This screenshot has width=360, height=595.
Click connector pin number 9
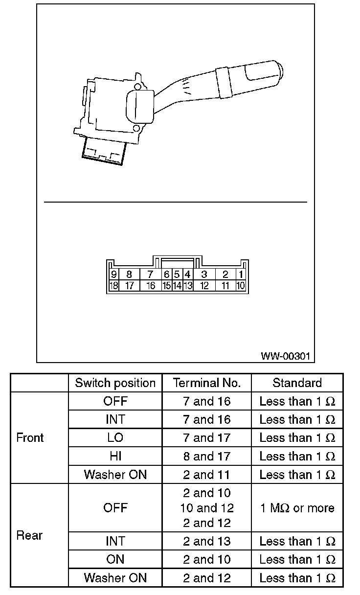click(x=113, y=275)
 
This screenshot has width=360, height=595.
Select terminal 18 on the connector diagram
click(x=113, y=286)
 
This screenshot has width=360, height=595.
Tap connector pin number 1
click(x=241, y=275)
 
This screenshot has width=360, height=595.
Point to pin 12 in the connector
click(x=204, y=286)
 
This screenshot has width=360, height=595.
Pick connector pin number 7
click(x=151, y=275)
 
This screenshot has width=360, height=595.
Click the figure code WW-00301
click(x=285, y=356)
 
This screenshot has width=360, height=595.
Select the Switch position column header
click(x=115, y=383)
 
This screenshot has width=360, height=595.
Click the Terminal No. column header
click(x=207, y=383)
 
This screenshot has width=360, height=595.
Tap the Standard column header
click(x=297, y=383)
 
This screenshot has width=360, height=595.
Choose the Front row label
click(x=30, y=437)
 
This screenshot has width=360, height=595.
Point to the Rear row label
click(x=30, y=535)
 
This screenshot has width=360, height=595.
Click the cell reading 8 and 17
click(x=207, y=456)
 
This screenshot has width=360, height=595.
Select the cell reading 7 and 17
click(x=207, y=438)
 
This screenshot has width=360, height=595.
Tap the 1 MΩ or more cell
click(x=297, y=508)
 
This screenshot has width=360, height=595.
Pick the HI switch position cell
click(x=115, y=456)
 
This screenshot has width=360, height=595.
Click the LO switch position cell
click(x=115, y=438)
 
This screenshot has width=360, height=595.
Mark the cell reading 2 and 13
click(x=207, y=541)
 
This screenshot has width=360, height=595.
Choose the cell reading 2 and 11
click(x=207, y=475)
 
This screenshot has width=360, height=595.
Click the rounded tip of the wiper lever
click(x=279, y=71)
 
